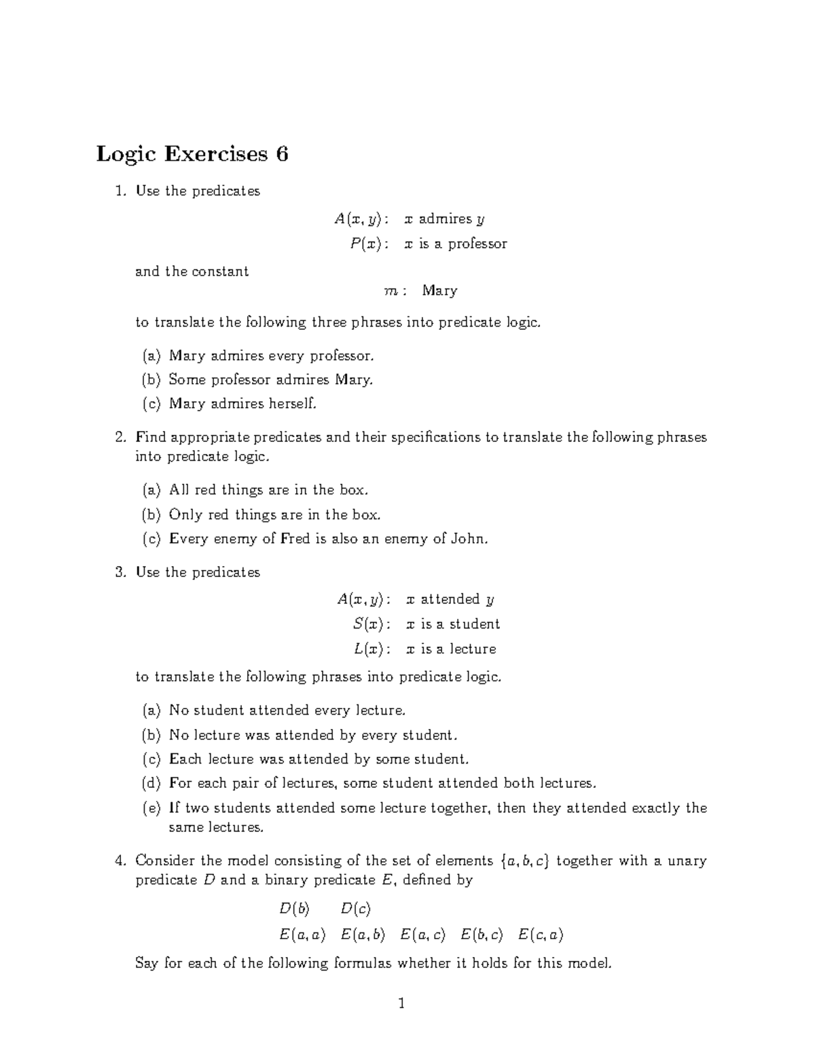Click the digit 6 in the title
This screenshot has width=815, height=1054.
point(282,155)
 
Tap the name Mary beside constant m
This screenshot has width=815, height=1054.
point(439,290)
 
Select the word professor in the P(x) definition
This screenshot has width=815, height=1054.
point(477,244)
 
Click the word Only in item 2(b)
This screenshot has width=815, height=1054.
point(185,514)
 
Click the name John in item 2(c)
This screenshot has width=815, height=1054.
point(469,539)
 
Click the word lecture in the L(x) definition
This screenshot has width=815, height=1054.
point(473,649)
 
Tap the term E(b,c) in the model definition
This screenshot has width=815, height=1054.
point(482,935)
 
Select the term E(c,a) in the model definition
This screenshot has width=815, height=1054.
point(541,935)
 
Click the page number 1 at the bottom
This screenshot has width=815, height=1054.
point(402,1003)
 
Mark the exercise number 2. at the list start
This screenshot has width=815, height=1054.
point(121,437)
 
